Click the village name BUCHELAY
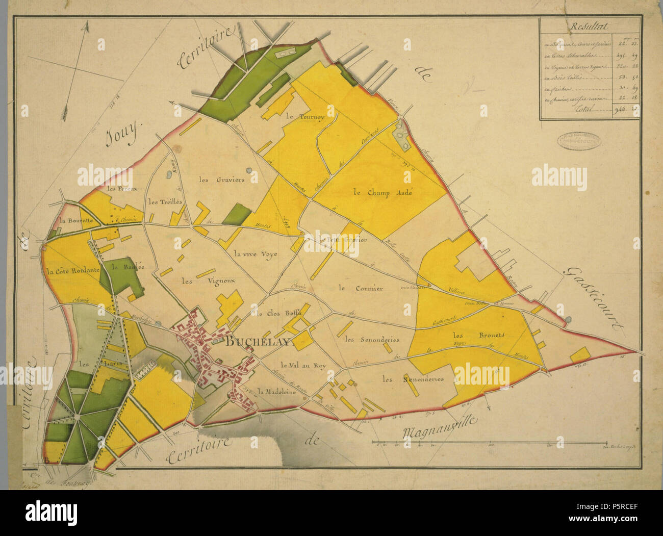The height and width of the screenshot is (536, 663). coord(258,342)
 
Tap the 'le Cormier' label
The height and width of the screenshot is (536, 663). coord(360,288)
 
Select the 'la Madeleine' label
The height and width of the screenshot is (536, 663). coord(276,392)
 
